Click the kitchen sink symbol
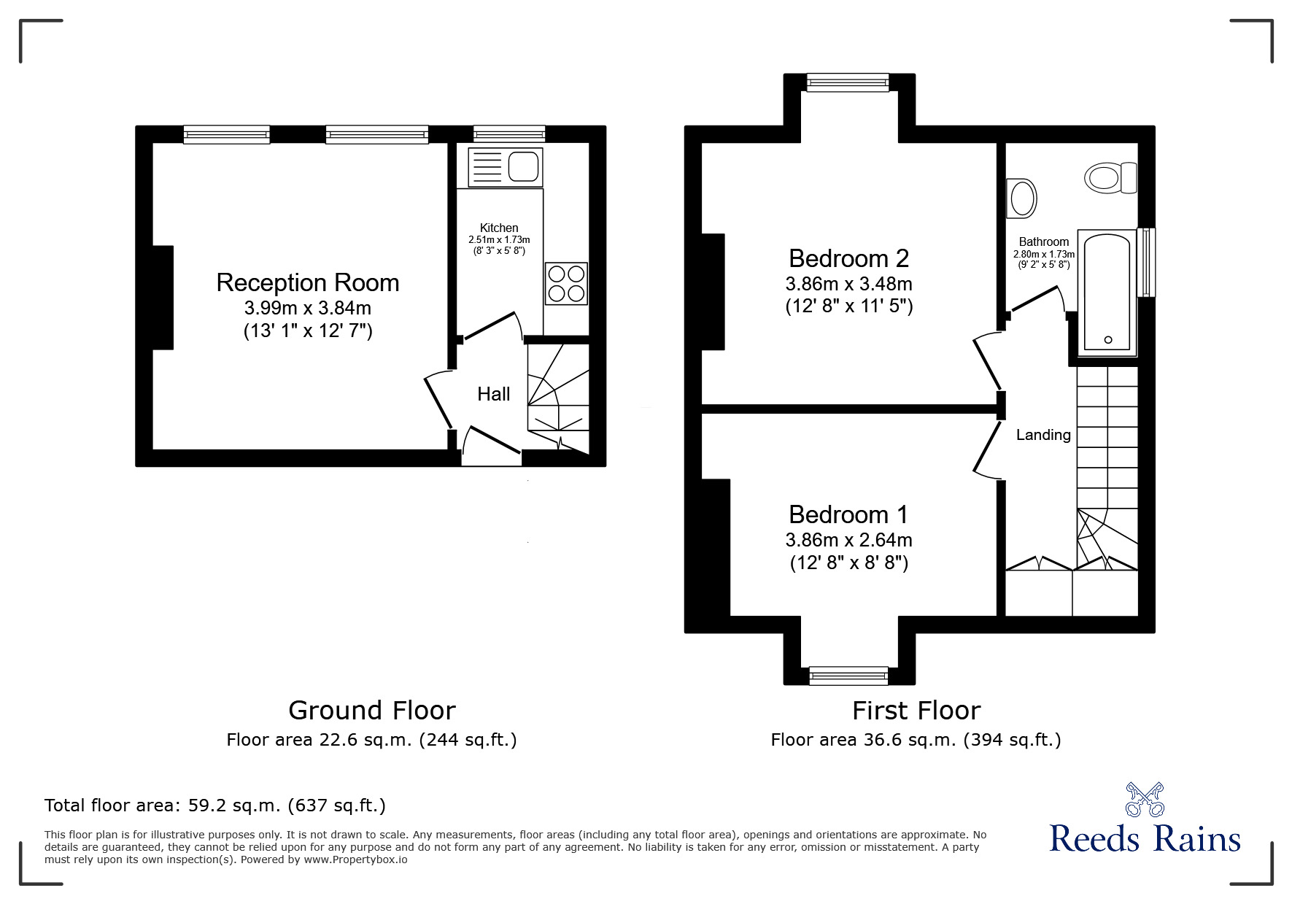coord(506,166)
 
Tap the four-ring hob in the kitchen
coord(566,283)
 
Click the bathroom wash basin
coord(1021,198)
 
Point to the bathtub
coord(1107,290)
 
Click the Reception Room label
coord(307,283)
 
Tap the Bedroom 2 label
coord(848,258)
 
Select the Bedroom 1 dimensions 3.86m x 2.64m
coord(848,540)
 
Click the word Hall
coord(493,395)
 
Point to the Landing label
coord(1043,435)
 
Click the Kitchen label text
coord(499,228)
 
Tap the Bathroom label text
coord(1043,242)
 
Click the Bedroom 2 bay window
coord(848,82)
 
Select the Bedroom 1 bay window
coord(848,676)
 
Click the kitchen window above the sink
coord(508,134)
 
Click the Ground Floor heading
coord(371,710)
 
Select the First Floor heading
coord(916,710)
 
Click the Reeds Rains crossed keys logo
coord(1145,800)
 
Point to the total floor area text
coord(215,806)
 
